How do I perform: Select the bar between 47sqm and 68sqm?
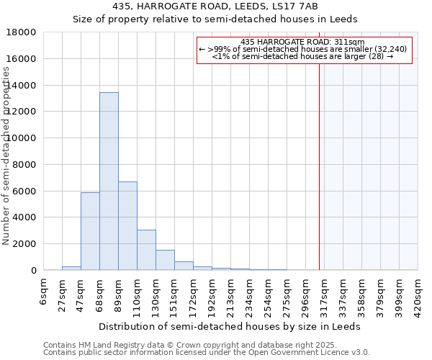(x=90, y=231)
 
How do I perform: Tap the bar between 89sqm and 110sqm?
(x=127, y=226)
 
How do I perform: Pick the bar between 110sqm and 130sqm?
(x=146, y=250)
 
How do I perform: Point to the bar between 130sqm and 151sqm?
(x=165, y=260)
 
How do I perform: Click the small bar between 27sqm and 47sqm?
(x=71, y=268)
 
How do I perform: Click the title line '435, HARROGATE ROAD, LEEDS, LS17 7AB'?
(x=216, y=6)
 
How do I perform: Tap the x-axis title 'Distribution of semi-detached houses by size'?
(x=216, y=326)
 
